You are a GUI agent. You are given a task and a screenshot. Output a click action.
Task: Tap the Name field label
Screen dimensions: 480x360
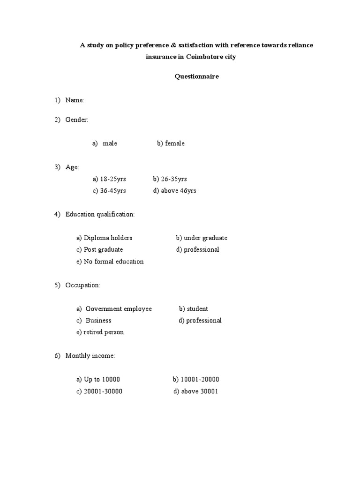pos(75,100)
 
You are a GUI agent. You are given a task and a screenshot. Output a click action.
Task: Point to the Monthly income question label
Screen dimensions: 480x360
pos(90,356)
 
